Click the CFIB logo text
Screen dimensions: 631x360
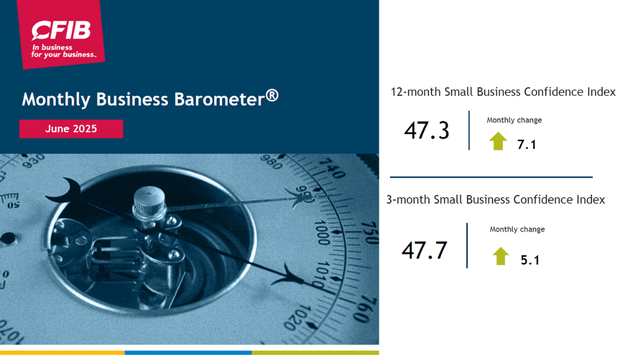click(x=61, y=30)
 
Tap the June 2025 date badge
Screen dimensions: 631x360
click(x=71, y=129)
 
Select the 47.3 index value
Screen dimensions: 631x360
click(x=426, y=130)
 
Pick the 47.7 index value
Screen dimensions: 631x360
click(x=424, y=250)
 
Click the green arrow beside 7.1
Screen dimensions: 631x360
click(x=498, y=141)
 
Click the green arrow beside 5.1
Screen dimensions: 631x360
click(x=500, y=256)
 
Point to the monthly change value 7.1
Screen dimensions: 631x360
click(x=526, y=145)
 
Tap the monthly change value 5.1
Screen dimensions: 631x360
click(x=530, y=260)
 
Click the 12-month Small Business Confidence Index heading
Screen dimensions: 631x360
click(x=503, y=92)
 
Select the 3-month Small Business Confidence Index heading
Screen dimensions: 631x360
click(x=495, y=200)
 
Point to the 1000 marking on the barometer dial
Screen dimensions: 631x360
click(x=322, y=233)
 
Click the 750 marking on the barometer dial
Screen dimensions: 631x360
click(x=370, y=233)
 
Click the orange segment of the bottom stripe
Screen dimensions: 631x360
click(x=62, y=353)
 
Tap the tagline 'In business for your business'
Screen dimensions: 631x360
click(x=64, y=51)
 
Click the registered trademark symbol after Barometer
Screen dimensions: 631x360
click(x=272, y=96)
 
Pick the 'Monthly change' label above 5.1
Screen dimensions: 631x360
click(x=517, y=229)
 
